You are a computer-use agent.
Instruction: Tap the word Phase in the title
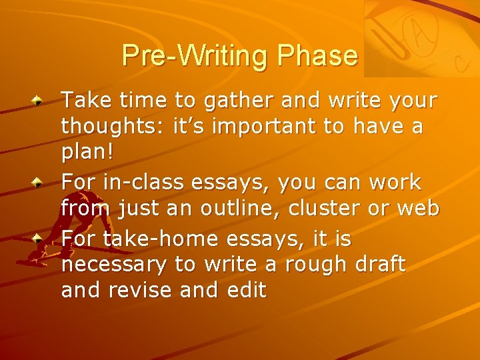318,55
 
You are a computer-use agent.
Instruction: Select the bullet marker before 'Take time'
40,101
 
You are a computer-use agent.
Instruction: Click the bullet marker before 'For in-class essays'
40,182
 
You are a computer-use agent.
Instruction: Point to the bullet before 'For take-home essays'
40,237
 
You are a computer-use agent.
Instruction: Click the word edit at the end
243,291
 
